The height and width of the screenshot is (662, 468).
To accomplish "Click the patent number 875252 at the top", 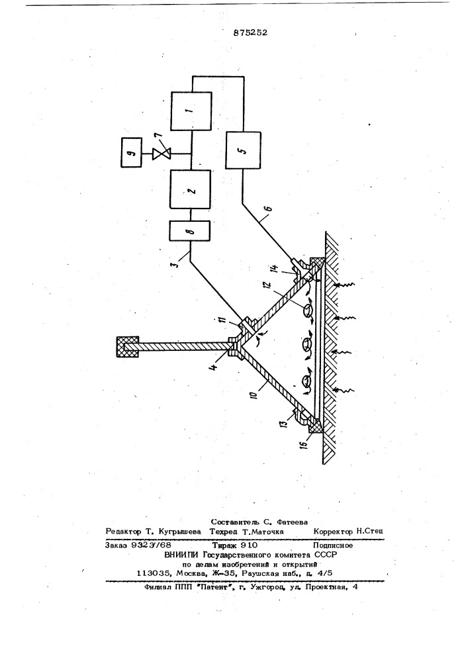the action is coord(250,32).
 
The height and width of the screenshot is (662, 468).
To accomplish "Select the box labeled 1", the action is coord(191,111).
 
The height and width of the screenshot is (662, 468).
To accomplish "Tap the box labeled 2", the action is coord(191,189).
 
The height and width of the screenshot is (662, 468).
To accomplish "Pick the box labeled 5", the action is coord(243,150).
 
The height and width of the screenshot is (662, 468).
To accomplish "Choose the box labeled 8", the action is coord(191,231).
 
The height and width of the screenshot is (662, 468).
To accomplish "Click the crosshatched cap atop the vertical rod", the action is coord(128,346).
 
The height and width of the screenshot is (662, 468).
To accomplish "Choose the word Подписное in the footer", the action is coord(333,545).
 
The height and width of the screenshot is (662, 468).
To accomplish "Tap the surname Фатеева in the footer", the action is coord(293,522).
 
